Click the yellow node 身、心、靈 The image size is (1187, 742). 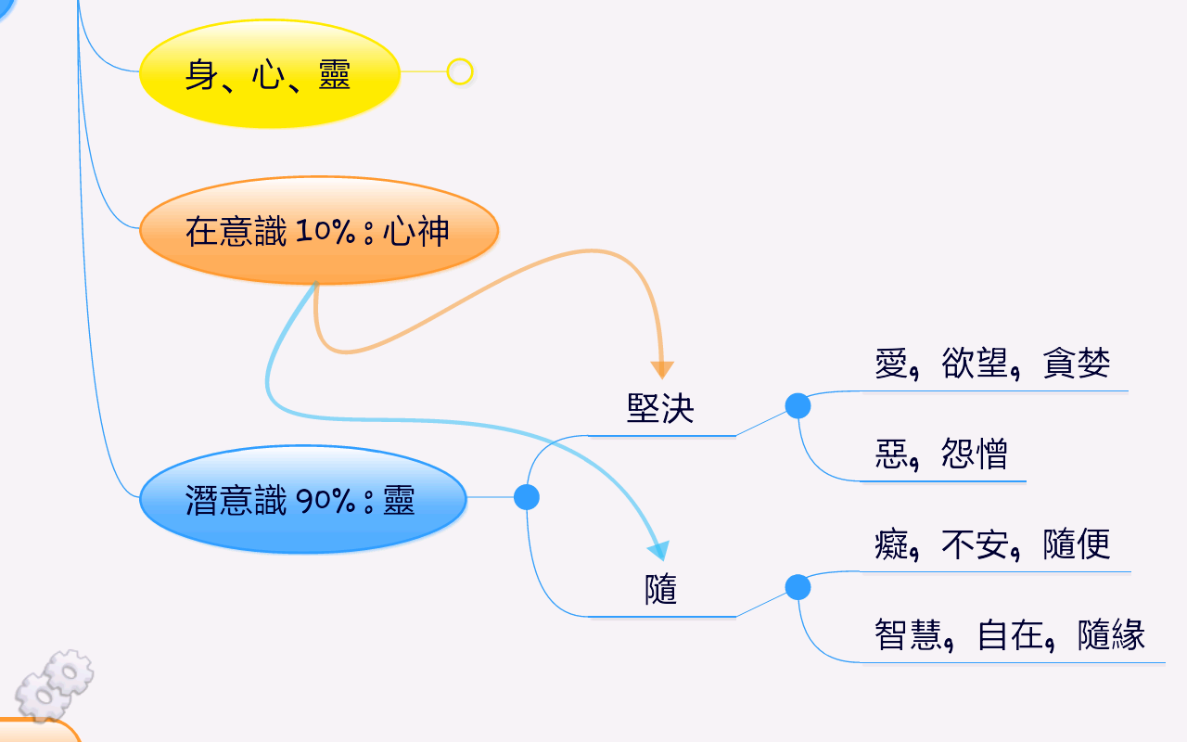tap(269, 73)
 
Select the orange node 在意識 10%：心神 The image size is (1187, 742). tap(319, 231)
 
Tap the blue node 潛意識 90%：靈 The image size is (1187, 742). tap(303, 499)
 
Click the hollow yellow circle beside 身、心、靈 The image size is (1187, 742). tap(459, 71)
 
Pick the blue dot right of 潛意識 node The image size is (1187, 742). tap(527, 497)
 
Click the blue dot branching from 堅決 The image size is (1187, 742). tap(798, 406)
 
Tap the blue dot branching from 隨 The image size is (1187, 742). tap(798, 587)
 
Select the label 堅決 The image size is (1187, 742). tap(660, 409)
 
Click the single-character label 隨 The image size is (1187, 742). tap(661, 589)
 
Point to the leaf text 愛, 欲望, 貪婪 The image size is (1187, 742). tap(992, 364)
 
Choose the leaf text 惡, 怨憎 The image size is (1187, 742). tap(941, 454)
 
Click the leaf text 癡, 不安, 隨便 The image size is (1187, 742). tap(992, 544)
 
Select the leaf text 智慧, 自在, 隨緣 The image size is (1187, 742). tap(1010, 635)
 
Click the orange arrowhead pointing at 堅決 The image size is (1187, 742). tap(662, 370)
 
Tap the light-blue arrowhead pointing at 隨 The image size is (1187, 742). tap(659, 550)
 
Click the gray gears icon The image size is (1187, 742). tap(54, 685)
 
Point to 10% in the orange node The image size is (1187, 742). tap(325, 232)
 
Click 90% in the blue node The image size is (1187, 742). tap(325, 500)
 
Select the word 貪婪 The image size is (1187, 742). tap(1077, 363)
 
